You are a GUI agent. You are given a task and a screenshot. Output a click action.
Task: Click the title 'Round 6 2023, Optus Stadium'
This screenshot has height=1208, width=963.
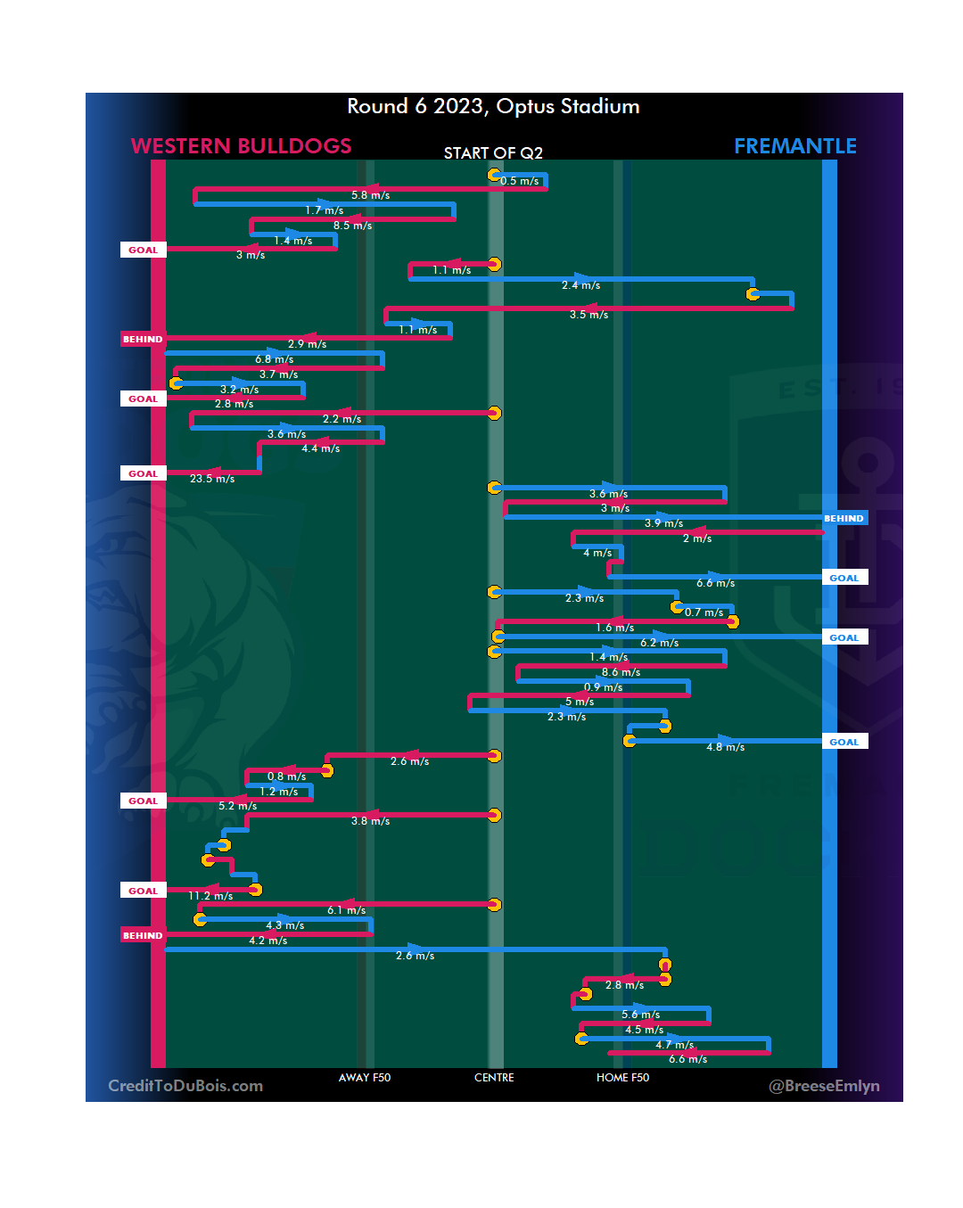tap(493, 106)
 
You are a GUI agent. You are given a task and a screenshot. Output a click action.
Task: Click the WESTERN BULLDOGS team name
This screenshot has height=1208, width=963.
tap(241, 146)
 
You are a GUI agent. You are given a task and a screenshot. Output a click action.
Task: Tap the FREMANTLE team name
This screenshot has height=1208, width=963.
tap(794, 146)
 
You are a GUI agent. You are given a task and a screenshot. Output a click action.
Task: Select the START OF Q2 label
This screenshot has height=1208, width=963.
tap(493, 153)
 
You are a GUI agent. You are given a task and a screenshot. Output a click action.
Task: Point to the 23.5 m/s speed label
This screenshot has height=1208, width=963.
tap(212, 479)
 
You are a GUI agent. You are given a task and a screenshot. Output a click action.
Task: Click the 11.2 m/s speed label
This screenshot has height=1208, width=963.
tap(210, 896)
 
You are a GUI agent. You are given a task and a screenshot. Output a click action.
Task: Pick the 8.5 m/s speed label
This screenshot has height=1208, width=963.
tap(352, 226)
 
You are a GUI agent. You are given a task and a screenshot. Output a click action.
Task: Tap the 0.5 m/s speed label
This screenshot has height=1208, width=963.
tap(519, 181)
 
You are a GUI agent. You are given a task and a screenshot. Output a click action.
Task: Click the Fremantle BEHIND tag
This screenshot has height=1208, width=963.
tap(844, 518)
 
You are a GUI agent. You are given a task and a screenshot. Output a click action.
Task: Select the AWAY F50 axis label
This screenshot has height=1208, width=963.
tap(365, 1078)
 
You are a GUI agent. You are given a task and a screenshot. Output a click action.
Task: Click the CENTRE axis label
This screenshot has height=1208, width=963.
tap(494, 1078)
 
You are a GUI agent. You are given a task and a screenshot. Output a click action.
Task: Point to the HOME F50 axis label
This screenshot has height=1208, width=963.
tap(622, 1078)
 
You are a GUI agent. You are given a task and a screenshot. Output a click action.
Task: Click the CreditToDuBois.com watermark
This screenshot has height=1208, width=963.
tap(185, 1086)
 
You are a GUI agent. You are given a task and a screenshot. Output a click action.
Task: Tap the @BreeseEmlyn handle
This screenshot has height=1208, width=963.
tap(824, 1086)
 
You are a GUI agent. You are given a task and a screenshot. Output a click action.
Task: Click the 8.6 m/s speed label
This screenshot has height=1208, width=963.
tap(621, 672)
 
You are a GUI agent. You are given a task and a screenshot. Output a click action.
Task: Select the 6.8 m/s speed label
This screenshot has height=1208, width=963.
tap(274, 359)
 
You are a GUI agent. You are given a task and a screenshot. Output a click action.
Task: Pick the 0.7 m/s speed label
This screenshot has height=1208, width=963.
tap(704, 612)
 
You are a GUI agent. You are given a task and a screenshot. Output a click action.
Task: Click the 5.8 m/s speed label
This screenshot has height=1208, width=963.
tap(370, 195)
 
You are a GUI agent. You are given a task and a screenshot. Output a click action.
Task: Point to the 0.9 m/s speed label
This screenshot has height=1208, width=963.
tap(603, 687)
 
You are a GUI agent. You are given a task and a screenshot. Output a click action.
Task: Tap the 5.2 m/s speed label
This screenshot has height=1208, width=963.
tap(237, 806)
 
